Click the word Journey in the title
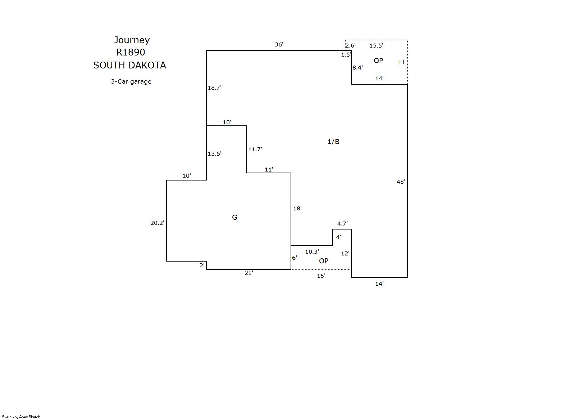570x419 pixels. [132, 40]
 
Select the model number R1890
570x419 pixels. [131, 52]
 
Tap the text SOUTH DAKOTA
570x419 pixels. [129, 65]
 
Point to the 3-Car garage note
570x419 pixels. [131, 81]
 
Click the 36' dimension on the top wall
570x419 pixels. [279, 45]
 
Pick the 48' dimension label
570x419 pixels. [401, 182]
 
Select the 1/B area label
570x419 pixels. [333, 142]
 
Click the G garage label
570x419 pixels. [234, 217]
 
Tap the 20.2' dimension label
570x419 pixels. [157, 223]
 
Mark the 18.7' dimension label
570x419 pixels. [214, 88]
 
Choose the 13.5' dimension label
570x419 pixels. [214, 153]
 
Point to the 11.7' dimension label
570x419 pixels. [255, 149]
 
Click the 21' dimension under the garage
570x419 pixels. [249, 273]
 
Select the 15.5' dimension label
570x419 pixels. [377, 45]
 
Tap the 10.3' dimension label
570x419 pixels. [312, 252]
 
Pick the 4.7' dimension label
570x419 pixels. [342, 224]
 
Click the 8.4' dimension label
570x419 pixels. [357, 67]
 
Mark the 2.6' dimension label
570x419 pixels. [350, 45]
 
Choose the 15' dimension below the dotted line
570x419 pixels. [321, 276]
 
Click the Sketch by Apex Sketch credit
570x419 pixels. [21, 417]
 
